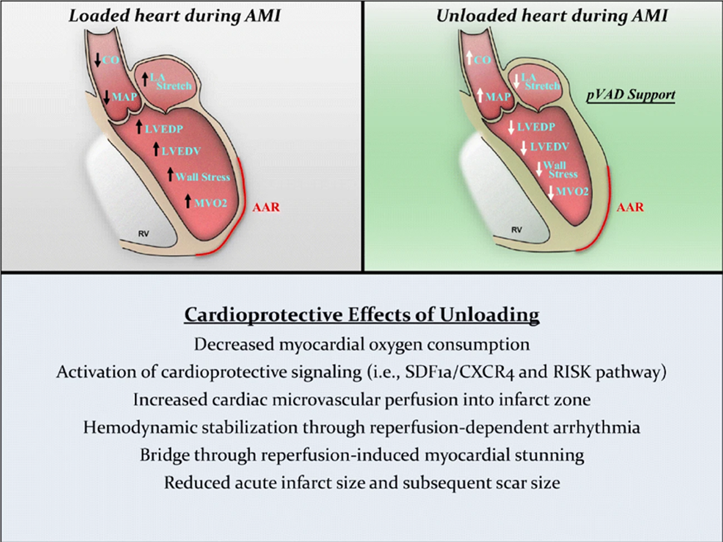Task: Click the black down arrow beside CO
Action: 98,59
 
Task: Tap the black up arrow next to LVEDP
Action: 139,127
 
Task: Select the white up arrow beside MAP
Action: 480,95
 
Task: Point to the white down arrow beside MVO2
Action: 551,192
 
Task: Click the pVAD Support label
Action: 631,95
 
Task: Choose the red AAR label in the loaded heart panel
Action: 266,207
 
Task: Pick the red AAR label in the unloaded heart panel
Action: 630,207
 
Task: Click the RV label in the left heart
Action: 143,234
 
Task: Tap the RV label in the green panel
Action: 516,230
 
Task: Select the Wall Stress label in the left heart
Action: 202,177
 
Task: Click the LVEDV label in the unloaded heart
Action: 549,147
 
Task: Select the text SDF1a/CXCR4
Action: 460,373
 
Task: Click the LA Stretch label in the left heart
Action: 171,82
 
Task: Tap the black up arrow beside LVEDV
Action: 156,149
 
